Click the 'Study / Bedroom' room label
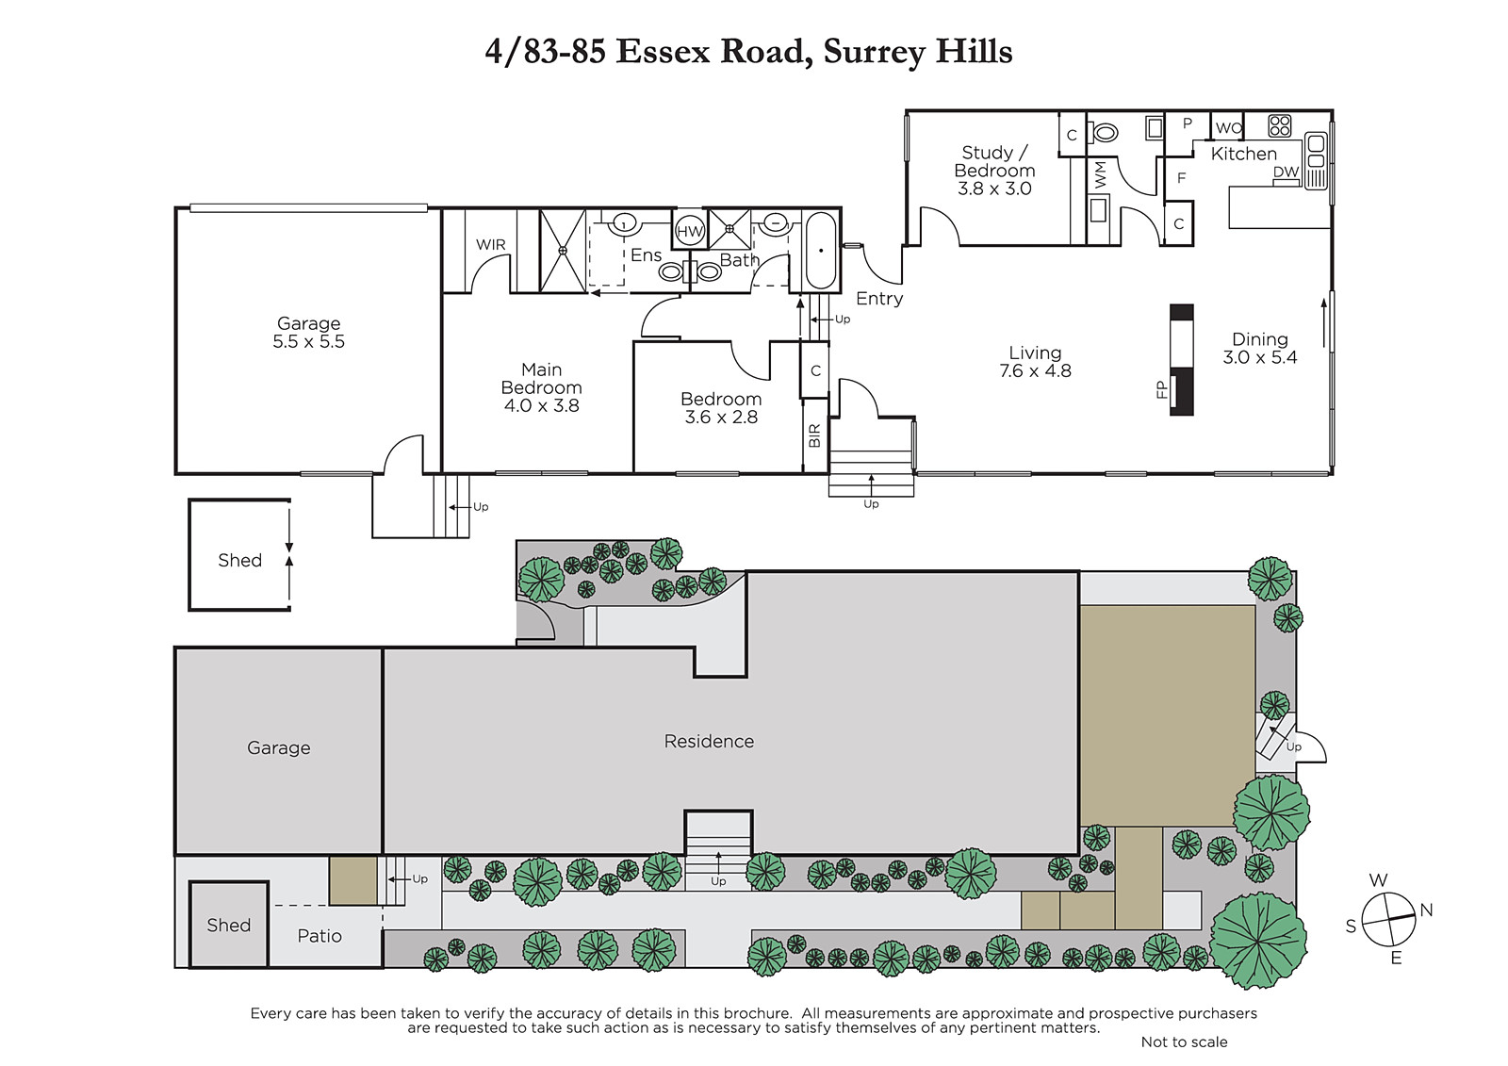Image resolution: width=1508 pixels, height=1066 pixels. tap(994, 161)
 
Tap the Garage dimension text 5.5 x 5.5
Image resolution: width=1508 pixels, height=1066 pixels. tap(308, 341)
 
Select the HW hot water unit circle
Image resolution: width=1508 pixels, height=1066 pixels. tap(689, 232)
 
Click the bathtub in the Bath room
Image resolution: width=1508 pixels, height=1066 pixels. tap(821, 251)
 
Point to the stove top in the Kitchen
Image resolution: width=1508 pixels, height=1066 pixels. tap(1279, 126)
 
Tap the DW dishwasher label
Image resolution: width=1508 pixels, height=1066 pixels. tap(1286, 172)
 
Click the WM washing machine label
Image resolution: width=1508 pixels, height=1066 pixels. tap(1100, 175)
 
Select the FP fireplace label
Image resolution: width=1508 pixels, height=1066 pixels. tap(1160, 390)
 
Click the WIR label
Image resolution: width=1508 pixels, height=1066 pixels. tap(490, 244)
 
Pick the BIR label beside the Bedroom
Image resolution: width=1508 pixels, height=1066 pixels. tap(814, 435)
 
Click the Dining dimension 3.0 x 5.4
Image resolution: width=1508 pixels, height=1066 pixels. tap(1259, 357)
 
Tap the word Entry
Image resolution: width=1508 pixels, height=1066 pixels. tap(879, 299)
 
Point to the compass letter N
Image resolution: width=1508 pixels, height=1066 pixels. tap(1426, 910)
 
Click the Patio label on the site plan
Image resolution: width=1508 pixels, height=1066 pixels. tap(320, 936)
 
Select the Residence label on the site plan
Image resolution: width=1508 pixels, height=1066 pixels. tap(709, 742)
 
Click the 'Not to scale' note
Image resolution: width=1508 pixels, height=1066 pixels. tap(1184, 1041)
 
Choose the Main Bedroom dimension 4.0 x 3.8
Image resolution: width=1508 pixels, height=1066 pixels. tap(541, 405)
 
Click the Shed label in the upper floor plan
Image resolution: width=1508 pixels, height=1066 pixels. tap(239, 560)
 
